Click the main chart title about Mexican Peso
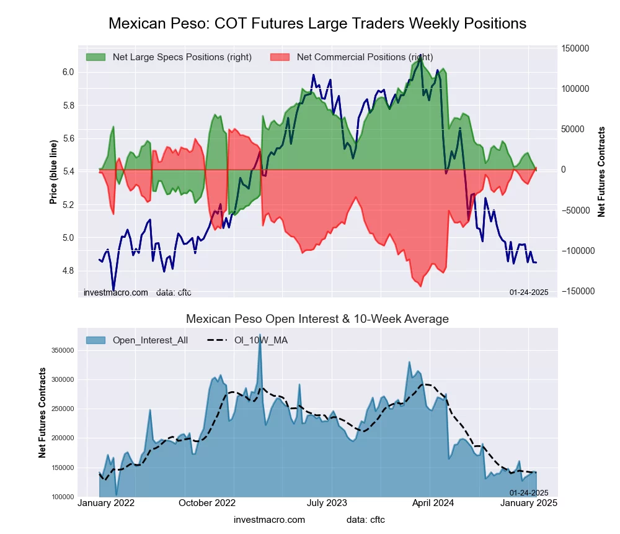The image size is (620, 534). pyautogui.click(x=317, y=24)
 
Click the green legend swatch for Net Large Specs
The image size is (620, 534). pyautogui.click(x=96, y=57)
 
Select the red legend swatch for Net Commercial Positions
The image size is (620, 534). pyautogui.click(x=280, y=57)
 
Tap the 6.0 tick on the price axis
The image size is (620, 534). pyautogui.click(x=68, y=72)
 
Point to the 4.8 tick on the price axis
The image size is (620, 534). pyautogui.click(x=68, y=271)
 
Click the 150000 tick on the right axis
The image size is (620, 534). pyautogui.click(x=575, y=48)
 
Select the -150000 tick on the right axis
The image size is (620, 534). pyautogui.click(x=575, y=291)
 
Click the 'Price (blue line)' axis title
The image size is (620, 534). pyautogui.click(x=54, y=173)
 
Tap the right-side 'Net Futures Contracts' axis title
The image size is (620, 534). pyautogui.click(x=601, y=171)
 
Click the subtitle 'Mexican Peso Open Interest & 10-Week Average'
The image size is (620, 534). pyautogui.click(x=317, y=319)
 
